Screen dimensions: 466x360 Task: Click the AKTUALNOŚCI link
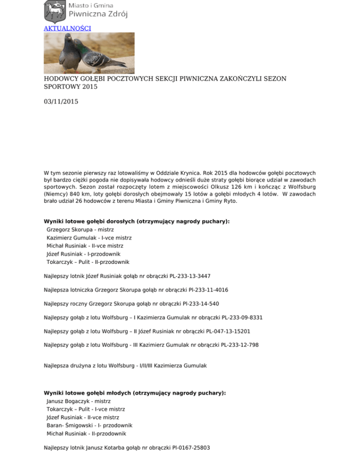point(67,28)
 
